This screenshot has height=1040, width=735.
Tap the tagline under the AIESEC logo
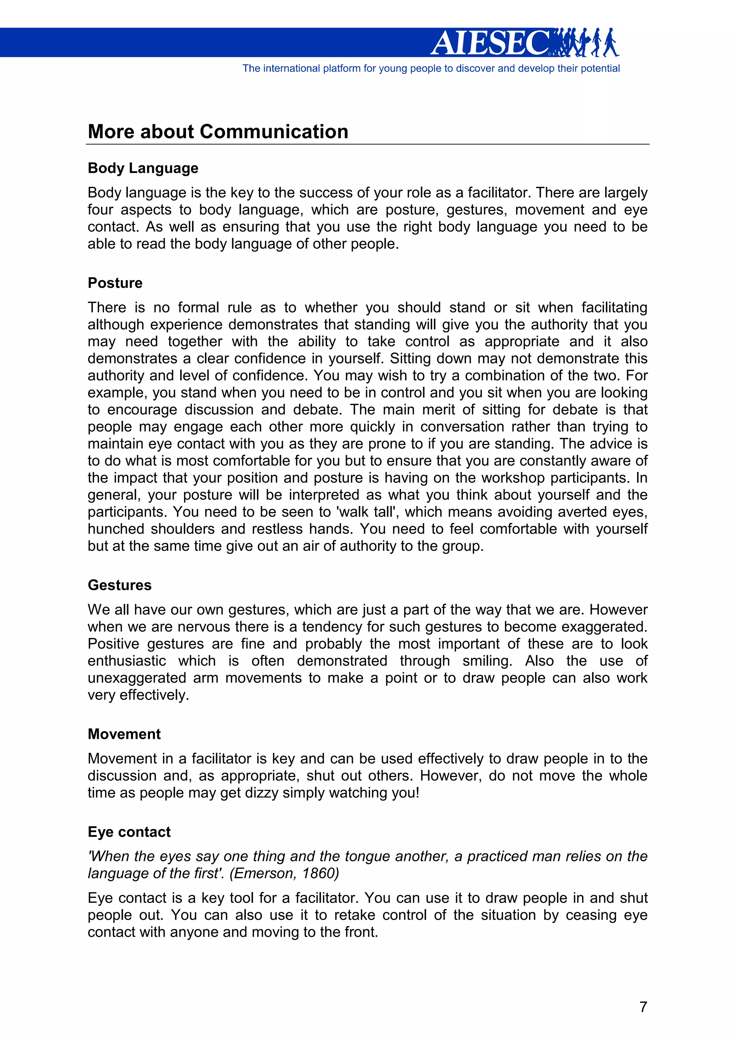tap(431, 69)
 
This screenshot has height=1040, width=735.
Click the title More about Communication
tap(218, 132)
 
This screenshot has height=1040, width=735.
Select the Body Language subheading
tap(142, 168)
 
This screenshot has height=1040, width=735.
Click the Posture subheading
tap(115, 283)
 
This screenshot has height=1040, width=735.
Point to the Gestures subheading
tap(120, 585)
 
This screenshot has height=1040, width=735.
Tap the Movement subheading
tap(124, 734)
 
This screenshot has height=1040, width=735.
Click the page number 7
tap(643, 1007)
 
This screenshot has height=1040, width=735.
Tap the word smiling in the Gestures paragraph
tap(487, 661)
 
